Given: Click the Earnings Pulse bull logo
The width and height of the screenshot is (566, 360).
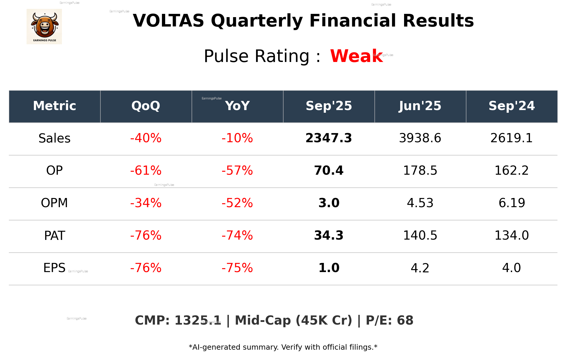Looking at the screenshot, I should coord(44,27).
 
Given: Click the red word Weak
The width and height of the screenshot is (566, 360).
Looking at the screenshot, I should coord(356,56).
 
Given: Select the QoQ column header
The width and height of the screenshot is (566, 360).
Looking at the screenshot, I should coord(146,106).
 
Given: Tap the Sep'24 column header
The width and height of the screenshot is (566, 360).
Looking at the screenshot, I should coord(511,106).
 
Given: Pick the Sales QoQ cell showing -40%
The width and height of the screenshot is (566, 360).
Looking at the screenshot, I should coord(146,138).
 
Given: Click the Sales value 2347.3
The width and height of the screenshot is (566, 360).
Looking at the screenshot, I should coord(329,138).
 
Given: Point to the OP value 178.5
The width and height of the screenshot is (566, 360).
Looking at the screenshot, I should coord(420,171).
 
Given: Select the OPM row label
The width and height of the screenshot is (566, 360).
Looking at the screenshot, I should coord(54,203).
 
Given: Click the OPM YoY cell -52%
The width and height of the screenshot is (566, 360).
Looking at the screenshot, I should coord(237,203).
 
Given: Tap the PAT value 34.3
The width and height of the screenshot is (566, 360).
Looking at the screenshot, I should coord(329,235).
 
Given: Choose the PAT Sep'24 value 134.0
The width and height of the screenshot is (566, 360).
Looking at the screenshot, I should coord(511,235).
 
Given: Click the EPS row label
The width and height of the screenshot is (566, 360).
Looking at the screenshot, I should coord(54,268).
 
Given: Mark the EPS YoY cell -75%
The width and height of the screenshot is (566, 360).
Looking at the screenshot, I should coord(237,268).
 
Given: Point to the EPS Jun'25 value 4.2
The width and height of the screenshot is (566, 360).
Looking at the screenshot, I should coord(420,268).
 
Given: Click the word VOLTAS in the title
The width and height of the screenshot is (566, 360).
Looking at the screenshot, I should coord(168,21).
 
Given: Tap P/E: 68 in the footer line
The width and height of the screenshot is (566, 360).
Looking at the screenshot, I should coord(389,320).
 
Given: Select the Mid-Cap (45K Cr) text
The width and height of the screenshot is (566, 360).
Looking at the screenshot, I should coord(293,320).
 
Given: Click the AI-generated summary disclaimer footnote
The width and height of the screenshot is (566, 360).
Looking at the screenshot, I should coord(283,347).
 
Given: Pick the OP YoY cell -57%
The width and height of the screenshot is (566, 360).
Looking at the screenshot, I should coord(237,171).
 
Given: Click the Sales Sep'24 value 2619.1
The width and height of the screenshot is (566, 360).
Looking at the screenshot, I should coord(511,138).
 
